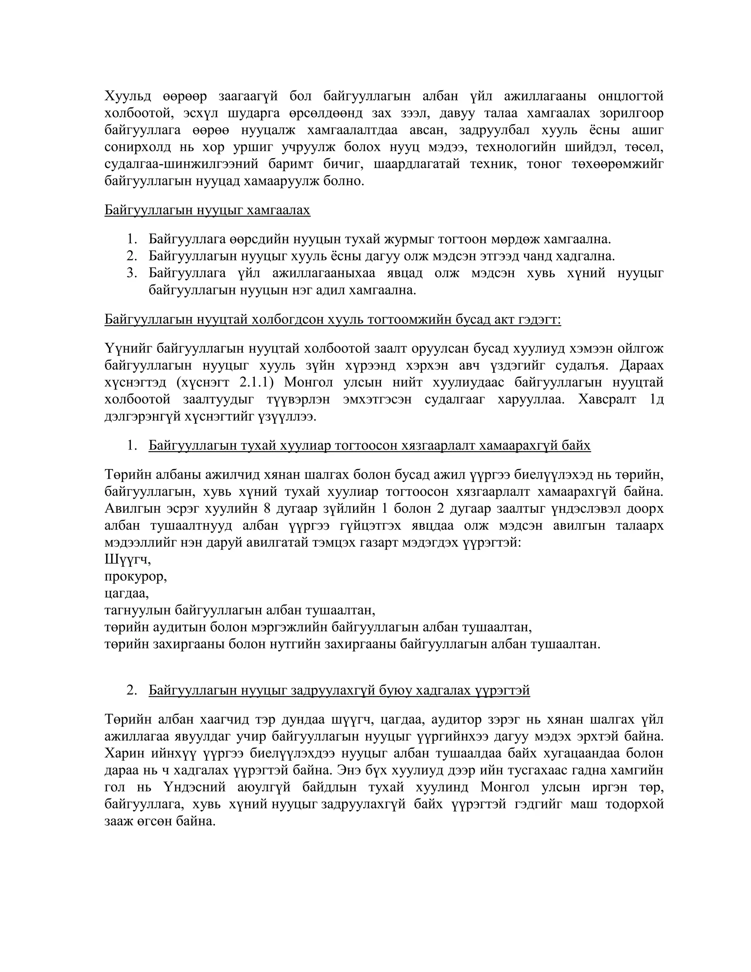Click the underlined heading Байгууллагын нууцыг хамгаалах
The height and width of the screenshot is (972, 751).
pyautogui.click(x=207, y=210)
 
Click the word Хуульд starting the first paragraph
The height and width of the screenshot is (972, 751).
pyautogui.click(x=128, y=96)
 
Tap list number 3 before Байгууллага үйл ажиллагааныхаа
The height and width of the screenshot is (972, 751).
pyautogui.click(x=132, y=273)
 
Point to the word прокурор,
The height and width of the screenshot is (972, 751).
pyautogui.click(x=136, y=577)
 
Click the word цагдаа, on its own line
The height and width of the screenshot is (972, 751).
pyautogui.click(x=127, y=594)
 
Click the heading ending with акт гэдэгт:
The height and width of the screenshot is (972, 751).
pyautogui.click(x=332, y=319)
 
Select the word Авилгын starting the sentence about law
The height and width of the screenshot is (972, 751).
pyautogui.click(x=129, y=509)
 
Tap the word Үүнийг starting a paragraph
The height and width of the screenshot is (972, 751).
pyautogui.click(x=127, y=348)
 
